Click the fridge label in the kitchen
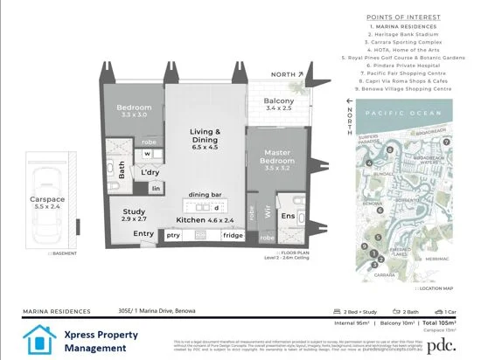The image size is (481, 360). [233, 236]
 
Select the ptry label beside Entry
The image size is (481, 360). [173, 236]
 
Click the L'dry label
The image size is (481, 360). [150, 172]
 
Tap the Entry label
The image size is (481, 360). [143, 234]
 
